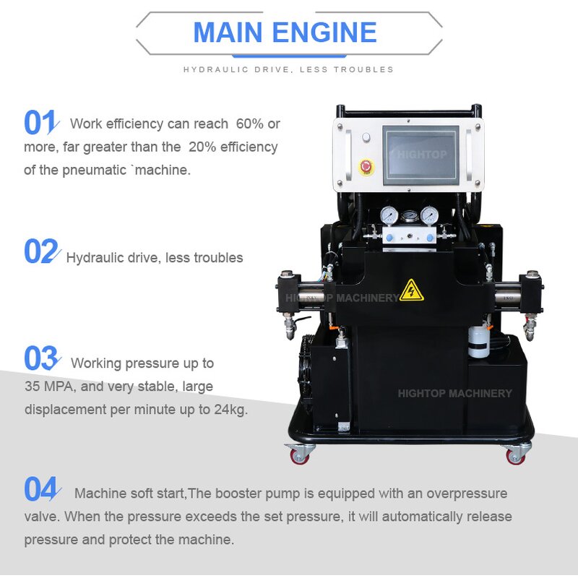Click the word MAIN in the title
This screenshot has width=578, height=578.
[230, 33]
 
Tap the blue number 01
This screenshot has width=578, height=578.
[39, 123]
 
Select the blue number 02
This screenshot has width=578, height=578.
[40, 251]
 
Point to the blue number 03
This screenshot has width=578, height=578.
[40, 359]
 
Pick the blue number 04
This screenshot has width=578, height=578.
[40, 490]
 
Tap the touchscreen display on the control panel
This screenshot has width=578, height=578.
[420, 156]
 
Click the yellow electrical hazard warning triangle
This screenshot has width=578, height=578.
[412, 290]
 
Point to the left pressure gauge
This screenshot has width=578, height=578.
[390, 215]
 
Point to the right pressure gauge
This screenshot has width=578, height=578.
[429, 215]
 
